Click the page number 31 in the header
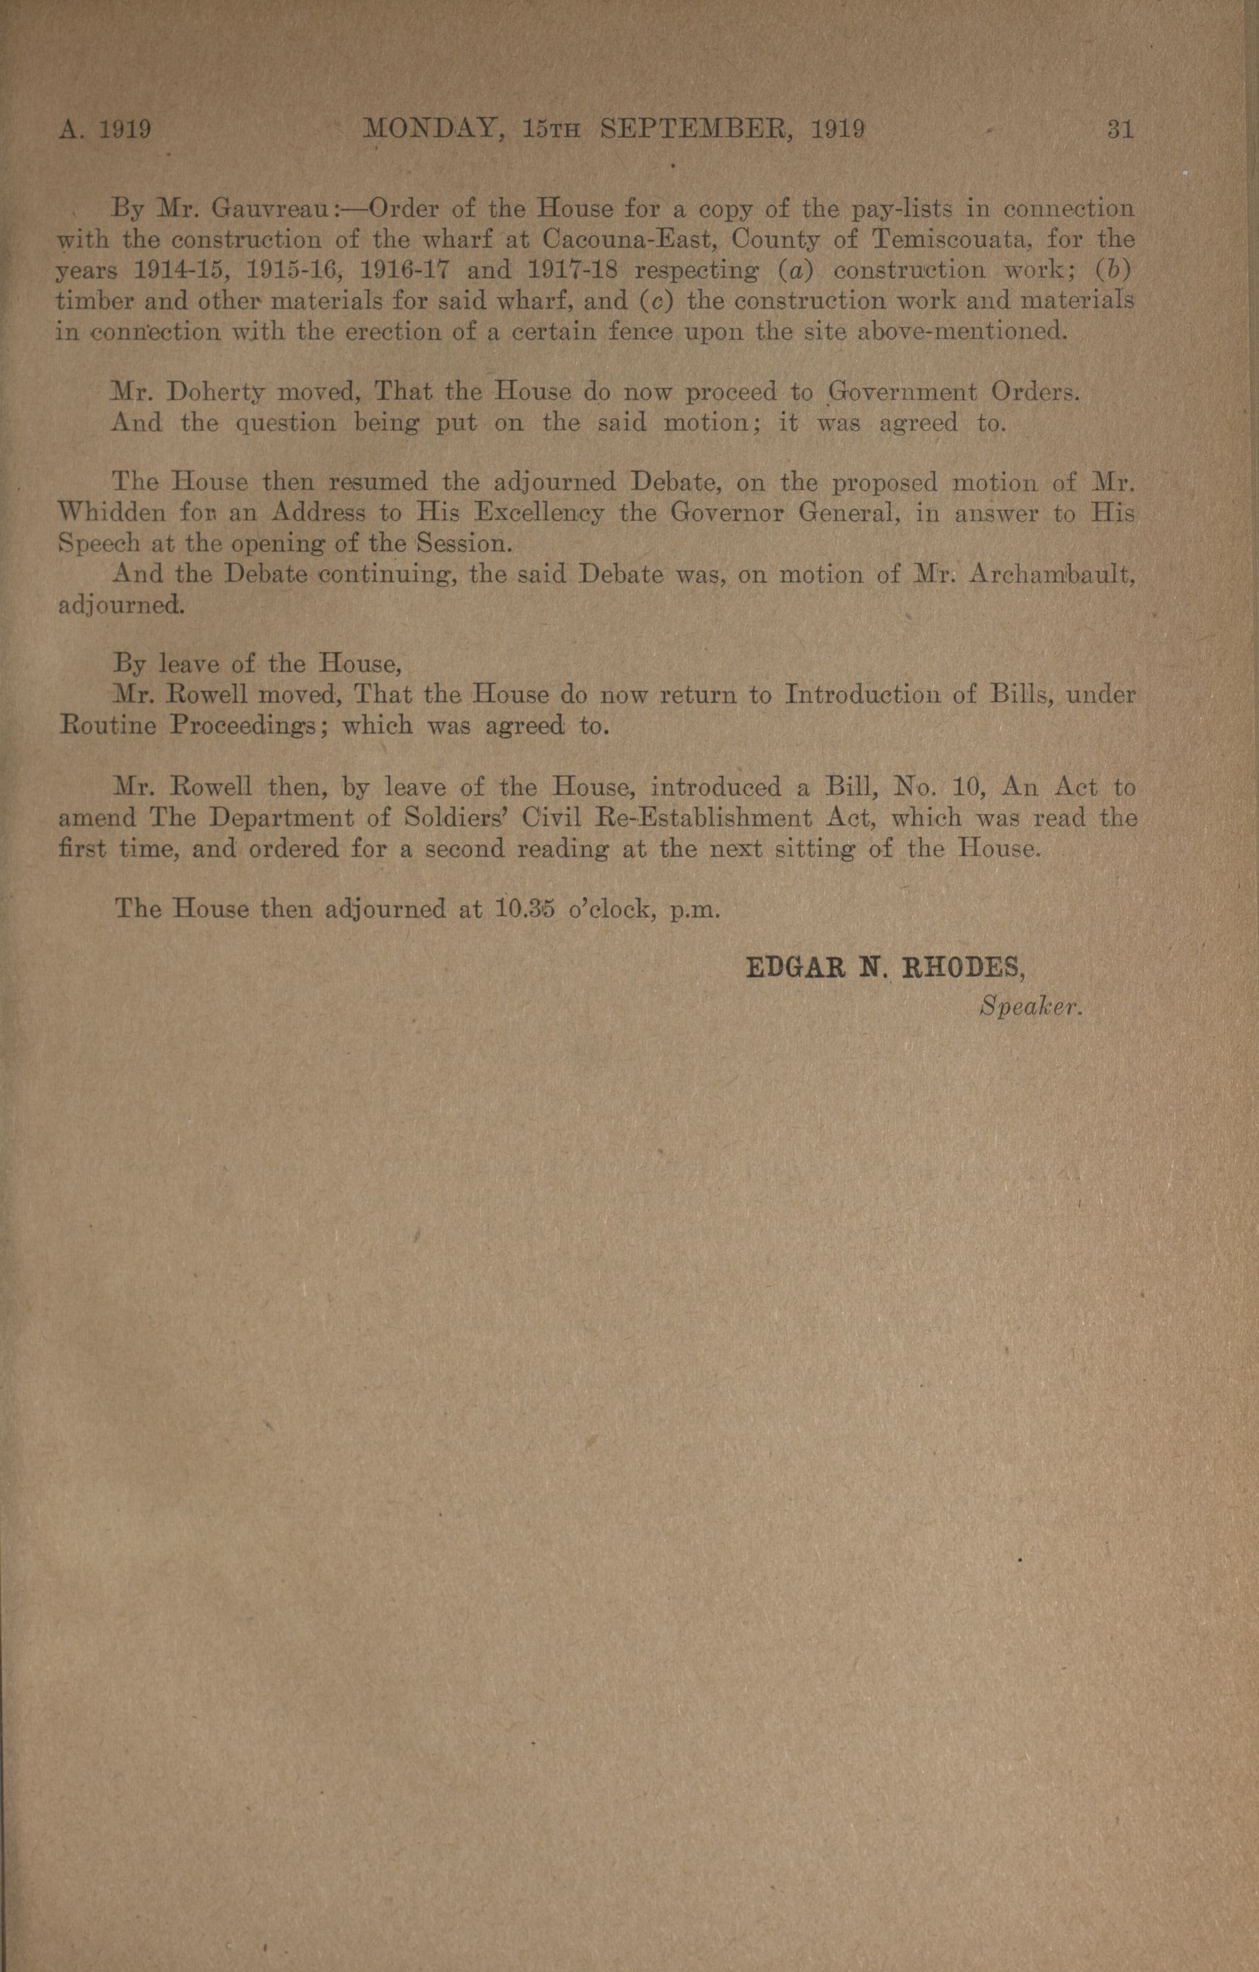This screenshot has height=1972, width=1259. click(1120, 129)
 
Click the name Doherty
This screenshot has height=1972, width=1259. click(216, 393)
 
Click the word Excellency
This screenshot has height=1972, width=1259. click(540, 514)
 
